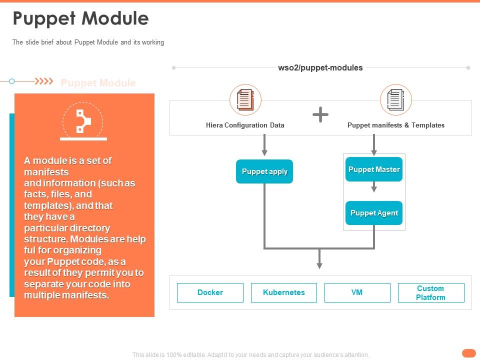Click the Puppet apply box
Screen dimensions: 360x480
tap(264, 171)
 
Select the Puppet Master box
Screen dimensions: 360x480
tap(374, 169)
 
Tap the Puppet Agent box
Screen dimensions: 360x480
tap(374, 213)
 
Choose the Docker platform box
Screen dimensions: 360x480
tap(210, 292)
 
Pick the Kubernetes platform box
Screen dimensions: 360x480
tap(283, 292)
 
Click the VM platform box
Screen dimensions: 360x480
tap(357, 292)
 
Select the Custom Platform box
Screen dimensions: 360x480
tap(430, 292)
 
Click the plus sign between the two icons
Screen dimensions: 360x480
tap(320, 115)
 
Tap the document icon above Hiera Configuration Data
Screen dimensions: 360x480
tap(245, 99)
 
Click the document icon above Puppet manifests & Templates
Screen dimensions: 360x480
tap(395, 99)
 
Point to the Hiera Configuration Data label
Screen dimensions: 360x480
tap(245, 125)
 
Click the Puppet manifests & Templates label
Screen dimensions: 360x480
tap(395, 125)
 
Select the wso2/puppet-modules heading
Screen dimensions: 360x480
tap(320, 67)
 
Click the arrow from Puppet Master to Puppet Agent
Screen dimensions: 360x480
tap(374, 187)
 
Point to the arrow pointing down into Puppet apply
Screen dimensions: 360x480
tap(264, 145)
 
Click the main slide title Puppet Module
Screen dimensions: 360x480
tap(80, 18)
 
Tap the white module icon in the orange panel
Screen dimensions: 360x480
tap(82, 121)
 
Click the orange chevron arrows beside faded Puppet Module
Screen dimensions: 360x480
tap(46, 81)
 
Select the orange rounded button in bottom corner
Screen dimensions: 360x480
tap(468, 353)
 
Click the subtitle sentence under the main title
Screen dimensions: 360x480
tap(88, 42)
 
